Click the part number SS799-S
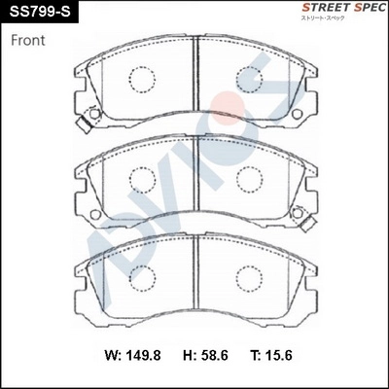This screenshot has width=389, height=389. point(40,12)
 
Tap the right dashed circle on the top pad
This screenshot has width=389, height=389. point(251,80)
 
